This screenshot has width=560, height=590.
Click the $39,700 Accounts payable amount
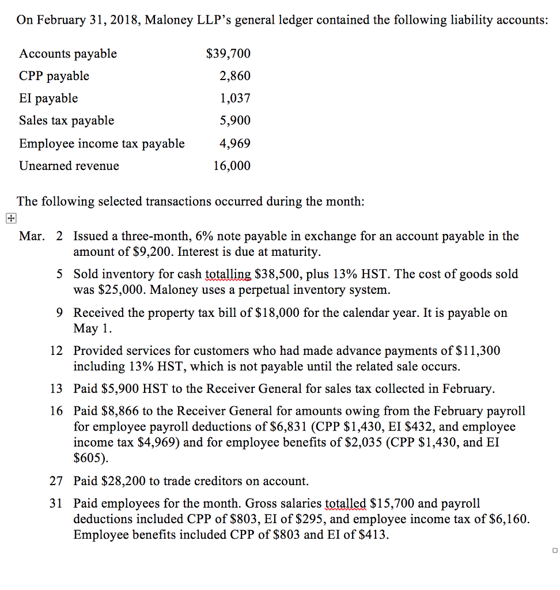(228, 54)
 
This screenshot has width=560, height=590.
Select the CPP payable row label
(54, 76)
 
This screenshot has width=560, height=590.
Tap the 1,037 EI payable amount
(235, 99)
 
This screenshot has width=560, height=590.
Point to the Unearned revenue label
(69, 166)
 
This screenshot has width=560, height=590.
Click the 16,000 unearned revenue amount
(232, 166)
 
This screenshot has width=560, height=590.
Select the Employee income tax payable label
(102, 143)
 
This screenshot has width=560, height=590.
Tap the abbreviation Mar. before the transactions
(32, 236)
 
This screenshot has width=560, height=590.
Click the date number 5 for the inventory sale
(60, 274)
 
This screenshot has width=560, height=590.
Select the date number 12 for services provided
(56, 350)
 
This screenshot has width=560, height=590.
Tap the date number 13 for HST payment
(56, 389)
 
